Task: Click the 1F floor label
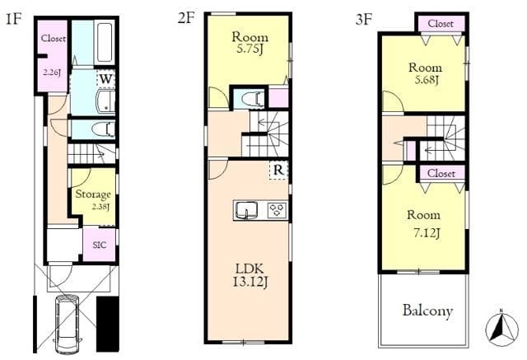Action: click(x=14, y=19)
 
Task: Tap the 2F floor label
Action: click(x=187, y=18)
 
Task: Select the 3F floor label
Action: click(x=364, y=20)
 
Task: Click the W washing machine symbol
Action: click(x=105, y=79)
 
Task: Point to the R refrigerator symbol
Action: click(x=278, y=170)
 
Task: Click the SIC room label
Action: click(x=100, y=245)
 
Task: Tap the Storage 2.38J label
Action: click(x=93, y=200)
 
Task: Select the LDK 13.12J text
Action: click(x=250, y=276)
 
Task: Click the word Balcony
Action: click(x=427, y=311)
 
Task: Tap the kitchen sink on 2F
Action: click(x=246, y=211)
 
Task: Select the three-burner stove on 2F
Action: click(x=277, y=211)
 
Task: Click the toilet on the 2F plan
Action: click(x=249, y=99)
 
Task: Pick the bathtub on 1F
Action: click(x=105, y=42)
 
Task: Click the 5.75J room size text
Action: click(x=250, y=49)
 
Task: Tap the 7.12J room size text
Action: click(x=427, y=232)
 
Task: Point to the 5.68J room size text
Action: click(x=427, y=80)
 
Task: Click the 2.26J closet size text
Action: click(x=52, y=72)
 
